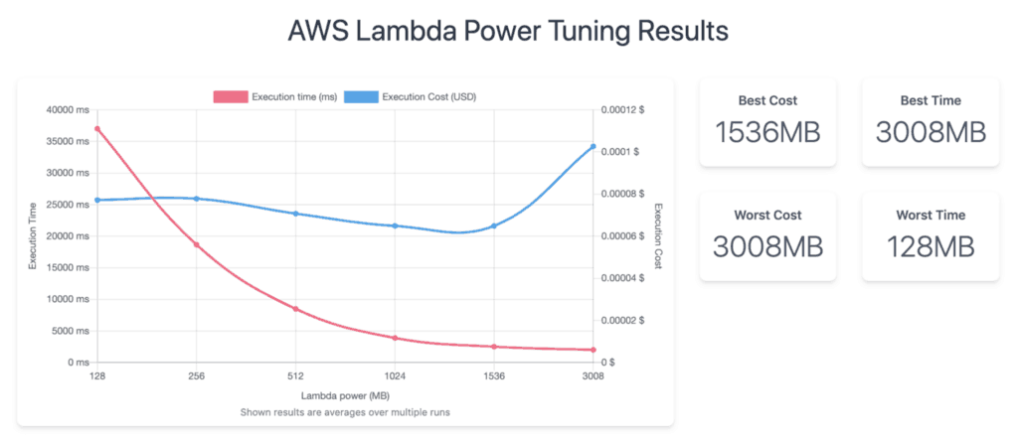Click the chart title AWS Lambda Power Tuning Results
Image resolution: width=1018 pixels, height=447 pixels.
[x=508, y=31]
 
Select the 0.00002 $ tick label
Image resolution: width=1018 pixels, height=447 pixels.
[x=624, y=320]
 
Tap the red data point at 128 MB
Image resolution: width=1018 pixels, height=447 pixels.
[x=97, y=129]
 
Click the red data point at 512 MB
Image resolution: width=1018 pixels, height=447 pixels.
[x=295, y=309]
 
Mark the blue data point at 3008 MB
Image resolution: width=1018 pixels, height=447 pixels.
[x=594, y=147]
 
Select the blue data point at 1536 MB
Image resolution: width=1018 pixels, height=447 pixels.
[x=494, y=226]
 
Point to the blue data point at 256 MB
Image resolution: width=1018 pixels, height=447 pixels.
[x=197, y=199]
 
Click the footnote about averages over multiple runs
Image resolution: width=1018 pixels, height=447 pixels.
[x=345, y=412]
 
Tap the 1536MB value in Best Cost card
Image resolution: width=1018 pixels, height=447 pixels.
[x=767, y=132]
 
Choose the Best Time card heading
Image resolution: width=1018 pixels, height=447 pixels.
[x=931, y=100]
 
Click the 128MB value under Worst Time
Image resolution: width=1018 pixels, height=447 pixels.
[x=931, y=246]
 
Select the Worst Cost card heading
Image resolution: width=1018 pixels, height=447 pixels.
[x=767, y=215]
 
